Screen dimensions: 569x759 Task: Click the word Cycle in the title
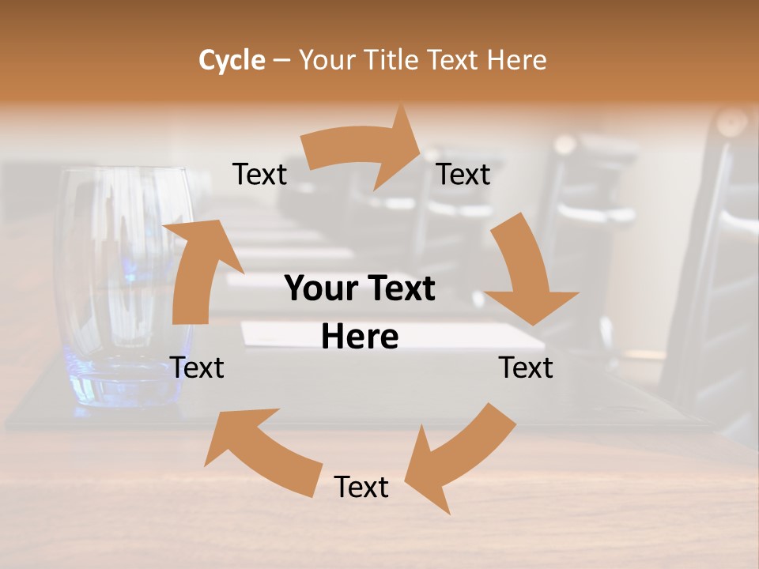click(x=232, y=60)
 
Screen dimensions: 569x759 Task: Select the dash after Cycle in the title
click(x=281, y=61)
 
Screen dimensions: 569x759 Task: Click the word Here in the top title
click(x=518, y=60)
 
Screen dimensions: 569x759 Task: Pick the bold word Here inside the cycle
click(x=360, y=337)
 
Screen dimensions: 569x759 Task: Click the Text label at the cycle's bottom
click(x=361, y=487)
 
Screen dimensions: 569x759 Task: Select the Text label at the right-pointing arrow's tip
click(x=463, y=174)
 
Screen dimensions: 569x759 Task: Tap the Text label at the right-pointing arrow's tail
click(x=259, y=174)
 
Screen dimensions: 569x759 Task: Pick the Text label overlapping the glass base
click(x=197, y=367)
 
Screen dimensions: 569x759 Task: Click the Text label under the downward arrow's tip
click(x=526, y=367)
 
